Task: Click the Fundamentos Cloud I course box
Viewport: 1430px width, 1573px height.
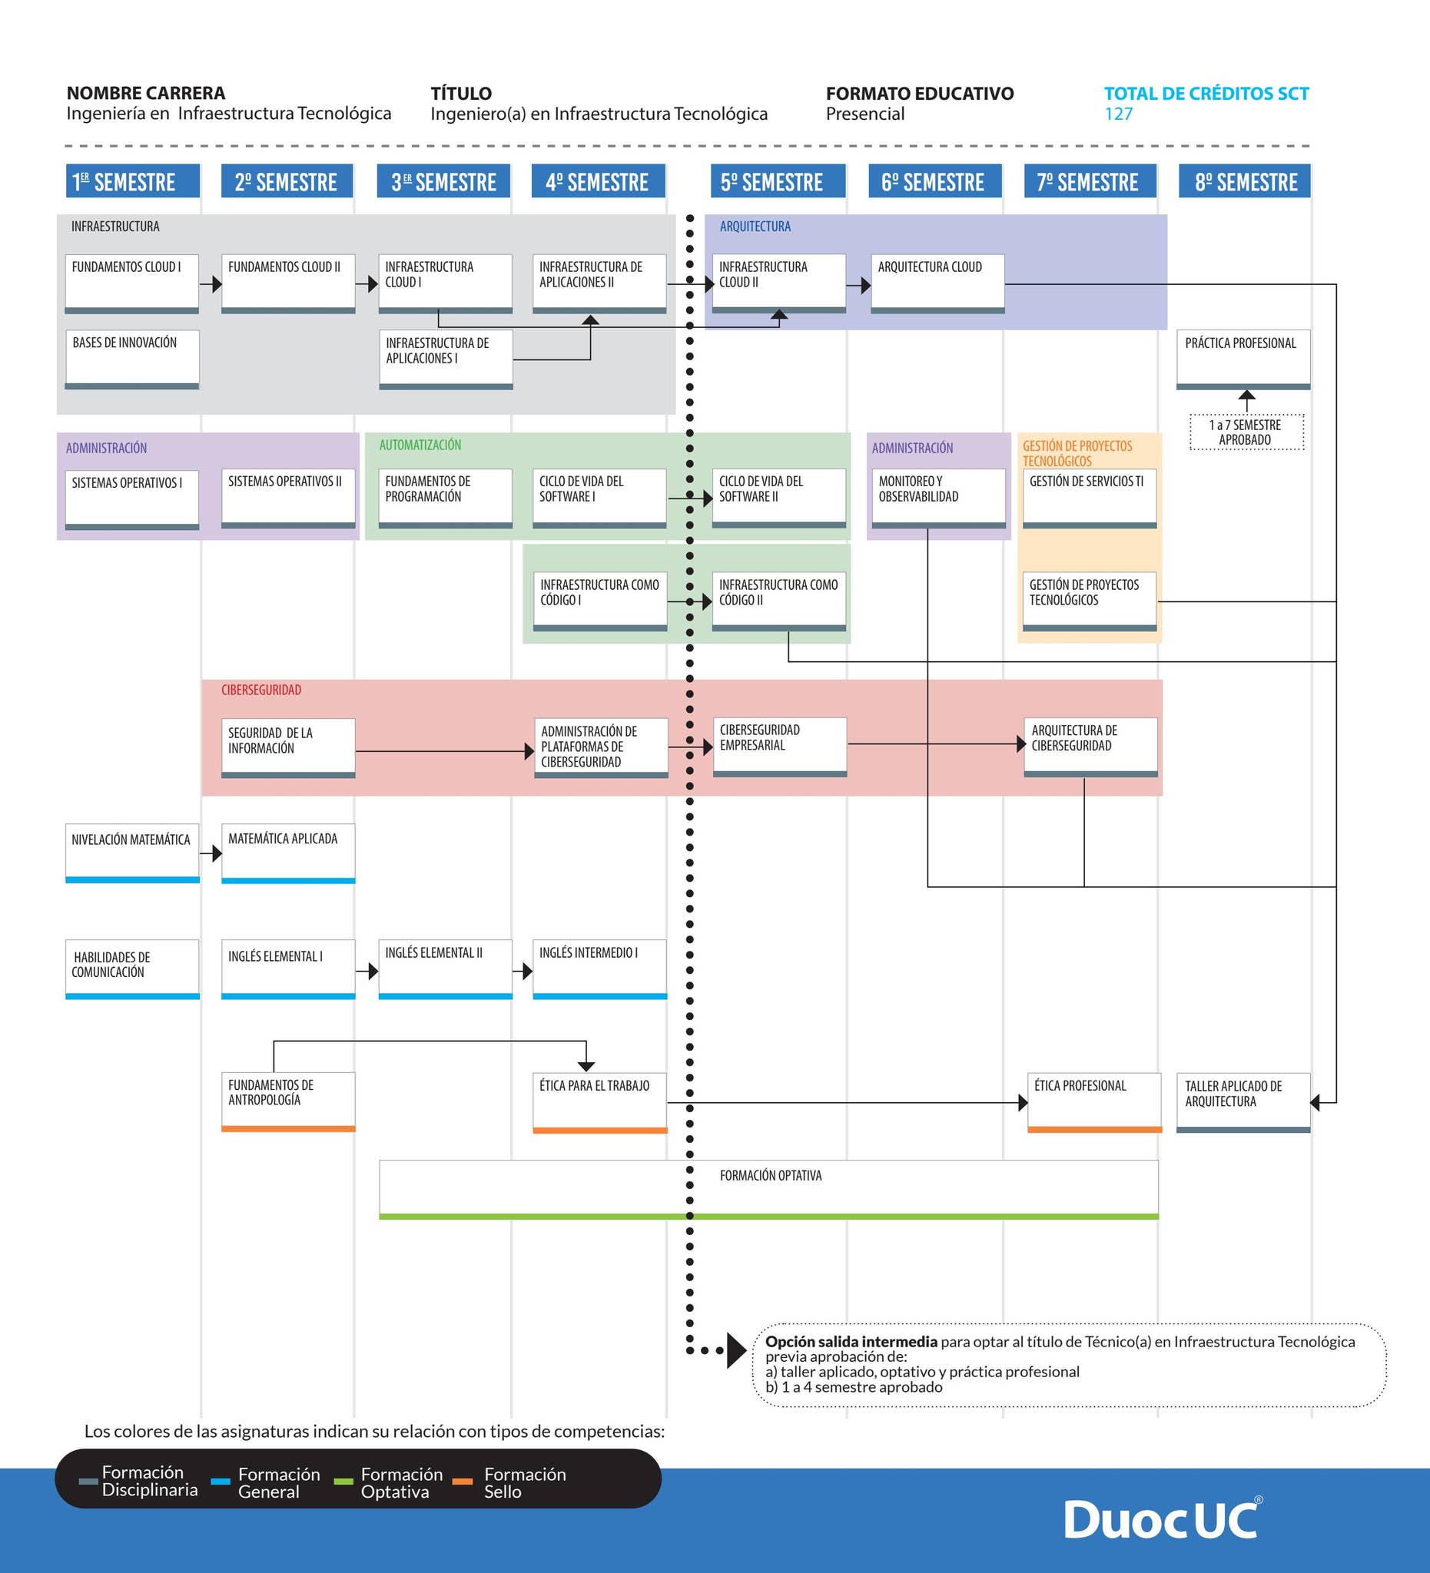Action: click(132, 284)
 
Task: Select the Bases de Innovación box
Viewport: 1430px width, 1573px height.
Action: click(132, 359)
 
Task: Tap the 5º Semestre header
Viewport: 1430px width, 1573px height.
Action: click(778, 181)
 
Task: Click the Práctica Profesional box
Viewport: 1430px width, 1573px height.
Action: click(1243, 359)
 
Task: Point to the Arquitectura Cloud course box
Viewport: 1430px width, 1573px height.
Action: click(937, 284)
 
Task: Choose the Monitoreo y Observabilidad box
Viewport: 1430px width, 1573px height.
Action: click(939, 498)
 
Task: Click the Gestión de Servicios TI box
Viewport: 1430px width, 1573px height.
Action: click(1090, 498)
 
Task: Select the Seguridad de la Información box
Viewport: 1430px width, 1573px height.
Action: click(288, 748)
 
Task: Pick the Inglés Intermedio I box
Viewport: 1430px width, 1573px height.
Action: click(599, 969)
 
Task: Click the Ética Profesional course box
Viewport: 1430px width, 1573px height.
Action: click(1094, 1102)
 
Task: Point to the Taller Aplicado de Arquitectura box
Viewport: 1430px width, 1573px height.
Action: click(1243, 1102)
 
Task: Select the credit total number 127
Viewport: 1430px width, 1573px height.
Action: click(1119, 114)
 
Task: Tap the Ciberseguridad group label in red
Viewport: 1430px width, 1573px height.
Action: click(260, 690)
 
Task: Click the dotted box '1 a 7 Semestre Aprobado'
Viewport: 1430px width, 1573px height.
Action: click(1246, 432)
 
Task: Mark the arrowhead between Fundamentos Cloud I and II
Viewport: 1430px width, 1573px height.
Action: click(217, 284)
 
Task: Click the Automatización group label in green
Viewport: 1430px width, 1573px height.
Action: click(420, 445)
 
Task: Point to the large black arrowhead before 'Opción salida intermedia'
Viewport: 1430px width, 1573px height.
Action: click(736, 1350)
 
